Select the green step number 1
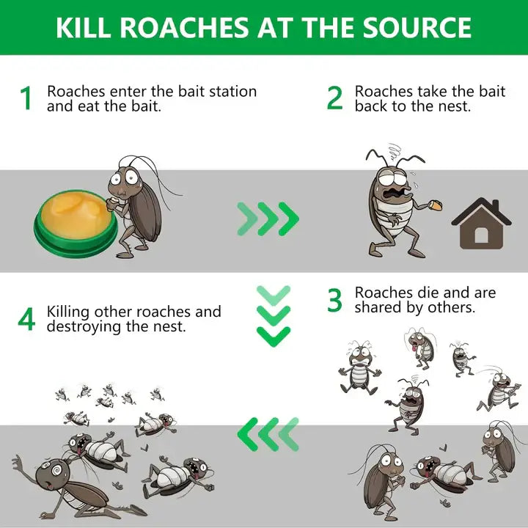tap(26, 99)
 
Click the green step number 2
tap(334, 98)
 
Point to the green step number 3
tap(334, 300)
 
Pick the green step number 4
tap(26, 319)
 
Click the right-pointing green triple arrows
tap(268, 219)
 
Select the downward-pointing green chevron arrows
tap(274, 315)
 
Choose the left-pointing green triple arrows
tap(268, 434)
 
